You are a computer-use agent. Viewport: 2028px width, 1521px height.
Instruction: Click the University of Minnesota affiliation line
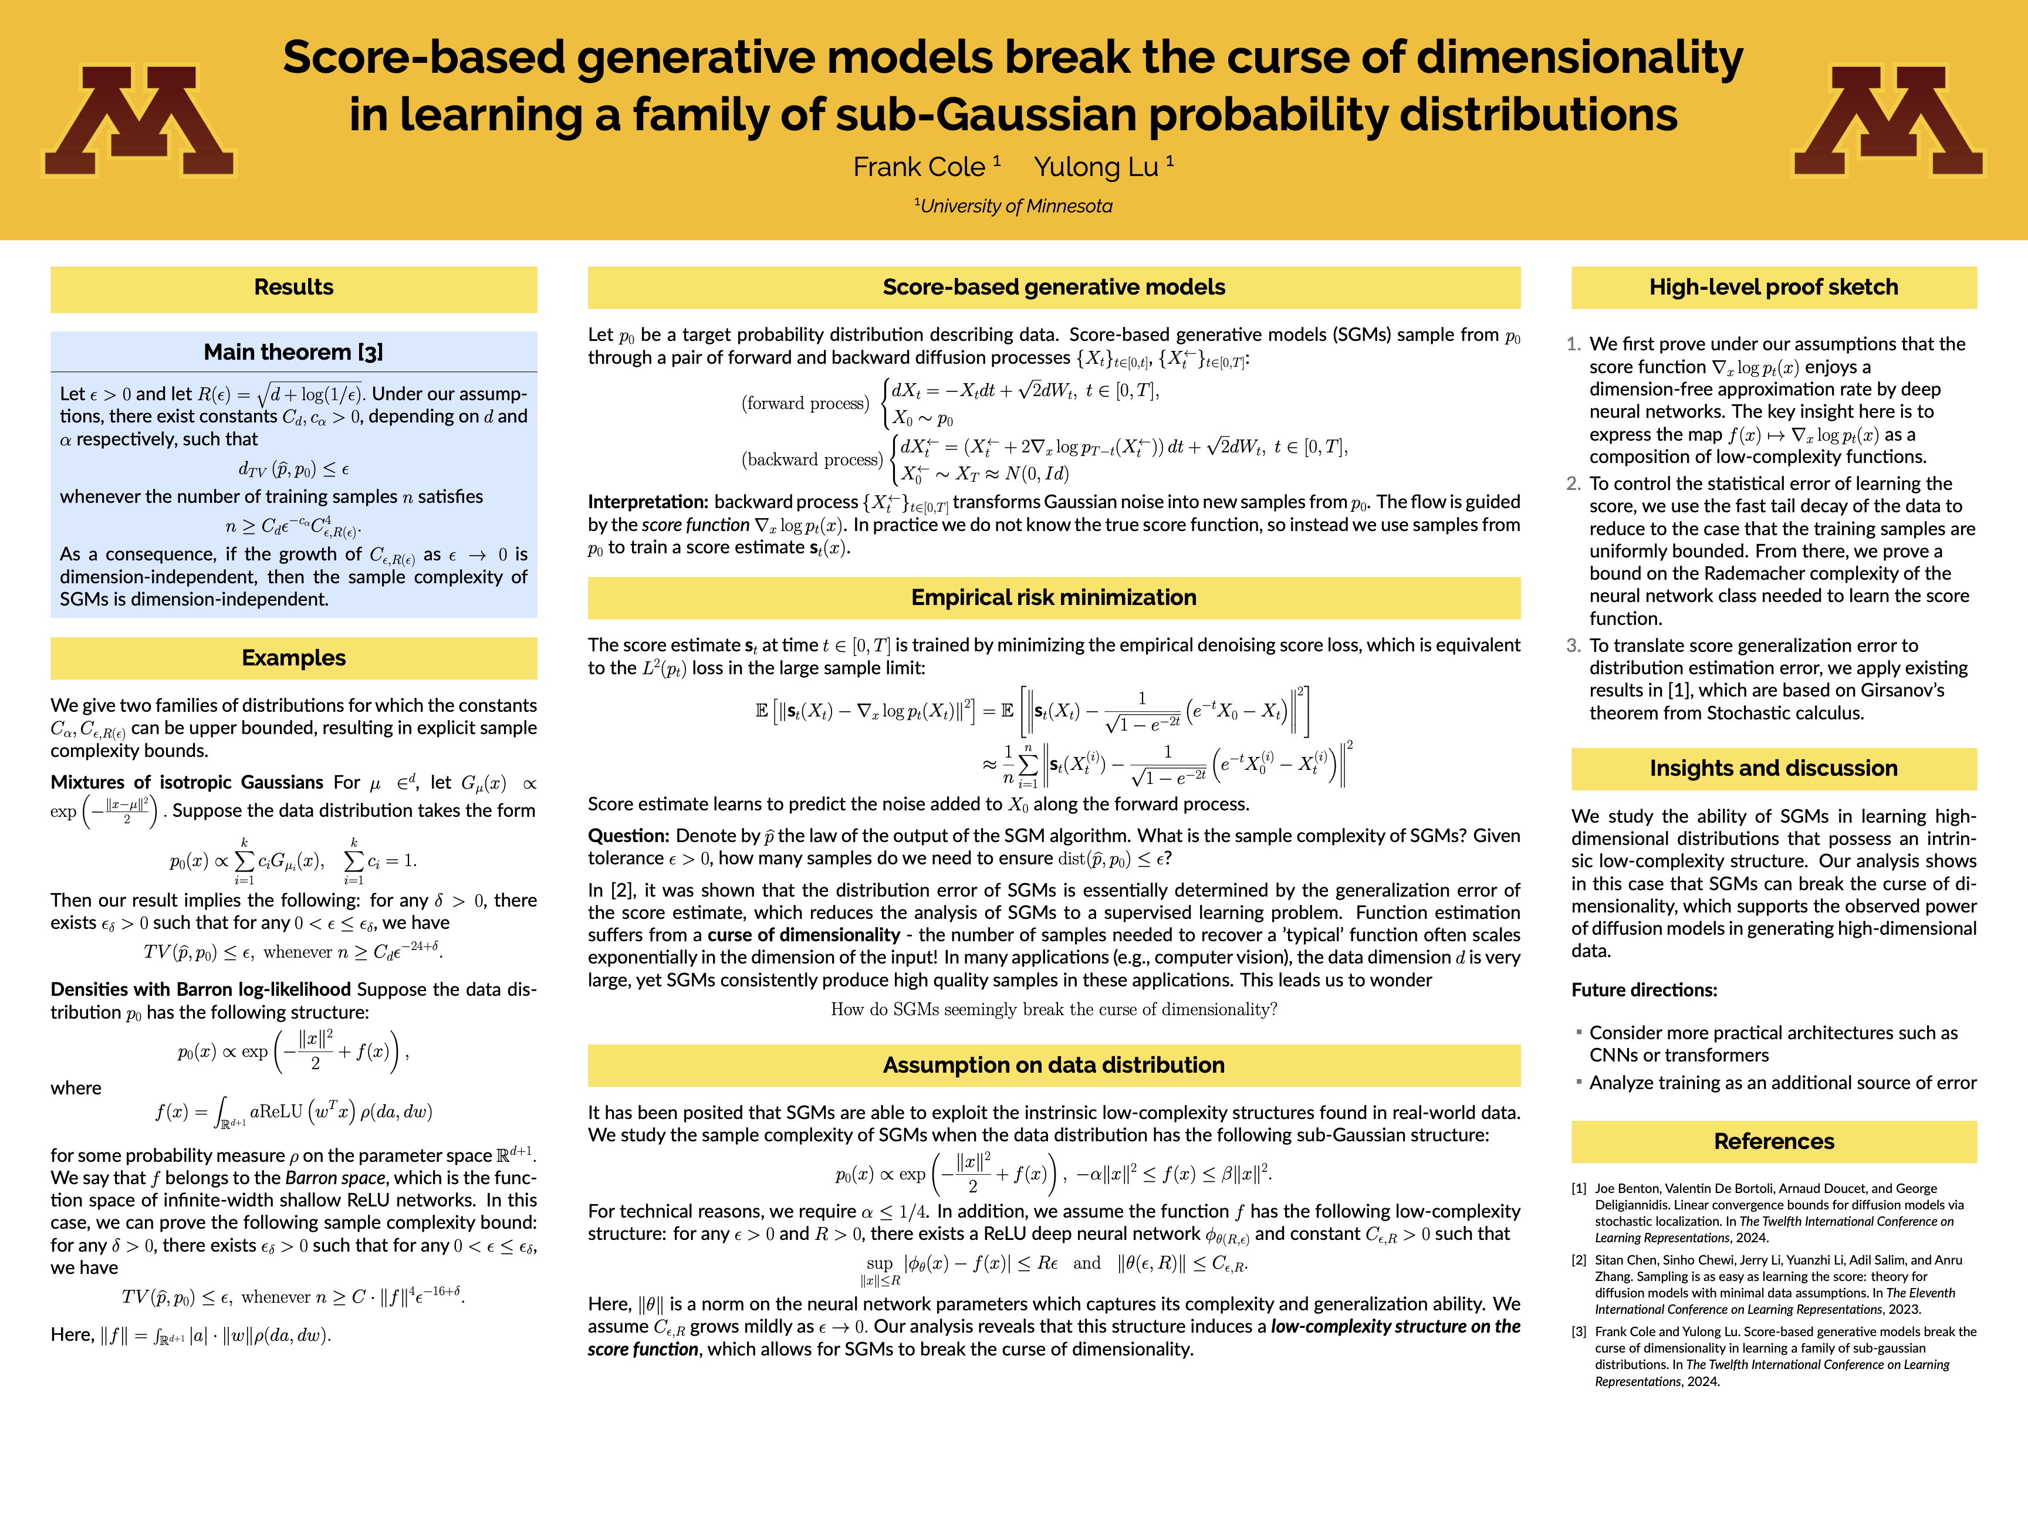1014,207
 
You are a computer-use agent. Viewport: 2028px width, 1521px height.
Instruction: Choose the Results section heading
293,287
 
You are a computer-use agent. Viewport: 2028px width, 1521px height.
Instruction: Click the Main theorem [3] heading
293,352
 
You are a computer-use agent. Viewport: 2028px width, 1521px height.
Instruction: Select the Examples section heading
293,658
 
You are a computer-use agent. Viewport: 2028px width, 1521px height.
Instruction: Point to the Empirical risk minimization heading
1053,598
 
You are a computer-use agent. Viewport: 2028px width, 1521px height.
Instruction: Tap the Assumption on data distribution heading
1053,1065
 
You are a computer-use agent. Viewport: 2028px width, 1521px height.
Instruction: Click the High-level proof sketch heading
1773,287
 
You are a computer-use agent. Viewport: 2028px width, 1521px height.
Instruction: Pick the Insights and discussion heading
1773,768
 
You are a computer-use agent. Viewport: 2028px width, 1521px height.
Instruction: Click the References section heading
1773,1141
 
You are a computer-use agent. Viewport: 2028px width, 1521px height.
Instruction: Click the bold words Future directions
1644,990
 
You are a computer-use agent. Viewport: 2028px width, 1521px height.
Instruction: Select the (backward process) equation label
812,460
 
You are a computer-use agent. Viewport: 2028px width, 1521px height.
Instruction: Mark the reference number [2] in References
1579,1260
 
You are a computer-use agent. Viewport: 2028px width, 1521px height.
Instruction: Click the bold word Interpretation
647,502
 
